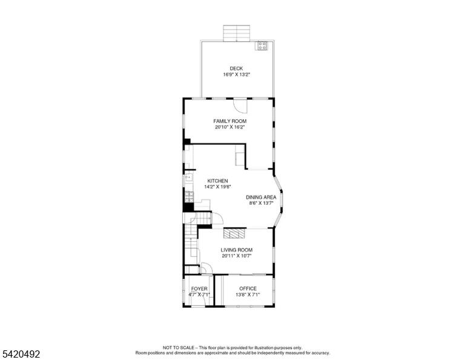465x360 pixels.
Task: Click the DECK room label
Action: pyautogui.click(x=236, y=68)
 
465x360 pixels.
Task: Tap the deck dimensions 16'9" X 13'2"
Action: pyautogui.click(x=236, y=75)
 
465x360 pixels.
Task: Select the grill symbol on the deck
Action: pyautogui.click(x=262, y=45)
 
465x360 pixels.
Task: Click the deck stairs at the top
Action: pyautogui.click(x=236, y=33)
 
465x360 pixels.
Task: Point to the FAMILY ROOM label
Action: pyautogui.click(x=230, y=121)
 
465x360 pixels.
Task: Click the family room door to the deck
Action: pyautogui.click(x=240, y=105)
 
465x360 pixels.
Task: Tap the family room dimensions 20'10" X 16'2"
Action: pyautogui.click(x=230, y=127)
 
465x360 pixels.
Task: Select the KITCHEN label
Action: pyautogui.click(x=217, y=181)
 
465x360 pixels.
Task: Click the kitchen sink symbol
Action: pyautogui.click(x=188, y=178)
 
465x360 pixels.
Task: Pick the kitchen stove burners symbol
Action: pyautogui.click(x=189, y=197)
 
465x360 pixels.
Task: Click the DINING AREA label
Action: pyautogui.click(x=261, y=197)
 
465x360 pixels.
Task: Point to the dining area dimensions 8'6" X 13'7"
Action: pyautogui.click(x=261, y=203)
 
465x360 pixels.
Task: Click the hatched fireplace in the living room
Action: pyautogui.click(x=235, y=233)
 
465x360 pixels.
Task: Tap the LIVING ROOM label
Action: pyautogui.click(x=236, y=250)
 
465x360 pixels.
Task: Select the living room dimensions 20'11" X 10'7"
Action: pyautogui.click(x=236, y=256)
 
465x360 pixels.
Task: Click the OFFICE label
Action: pyautogui.click(x=248, y=288)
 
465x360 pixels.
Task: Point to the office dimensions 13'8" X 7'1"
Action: pyautogui.click(x=248, y=295)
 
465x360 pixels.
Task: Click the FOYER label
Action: pyautogui.click(x=199, y=288)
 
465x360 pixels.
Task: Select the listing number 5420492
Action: pyautogui.click(x=21, y=354)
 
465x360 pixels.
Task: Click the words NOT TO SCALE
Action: pyautogui.click(x=178, y=347)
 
